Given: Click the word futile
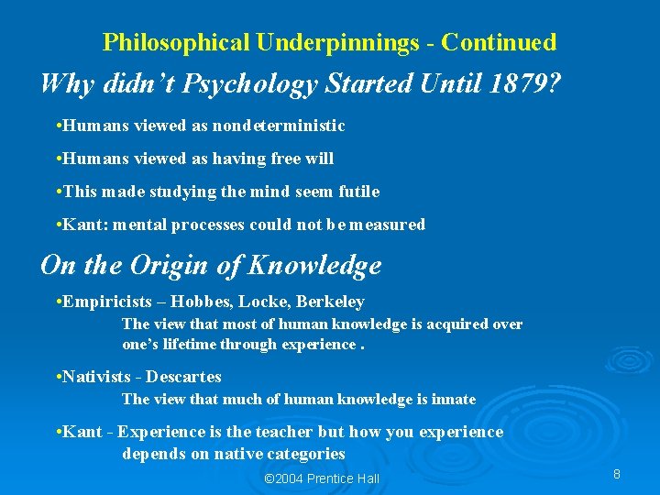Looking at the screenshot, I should pos(358,192).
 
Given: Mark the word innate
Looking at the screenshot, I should pos(452,400).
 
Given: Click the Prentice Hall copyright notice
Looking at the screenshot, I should pos(321,478).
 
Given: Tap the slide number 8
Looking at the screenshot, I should pos(617,474).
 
